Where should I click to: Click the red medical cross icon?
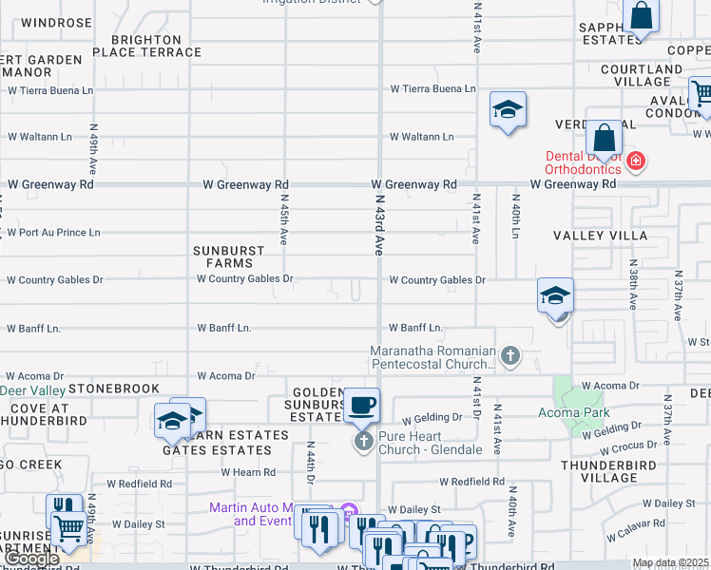click(x=636, y=162)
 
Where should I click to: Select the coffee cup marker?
click(x=361, y=406)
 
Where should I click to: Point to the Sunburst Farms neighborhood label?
click(x=229, y=256)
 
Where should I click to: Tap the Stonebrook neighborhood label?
click(x=114, y=389)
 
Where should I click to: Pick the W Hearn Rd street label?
click(x=248, y=471)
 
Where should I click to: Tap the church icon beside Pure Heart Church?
click(x=362, y=441)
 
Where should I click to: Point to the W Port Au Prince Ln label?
click(x=53, y=232)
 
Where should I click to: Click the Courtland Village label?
click(x=642, y=76)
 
